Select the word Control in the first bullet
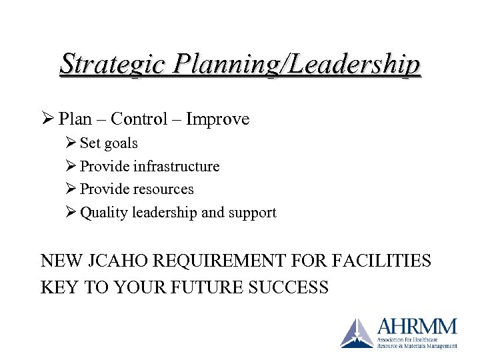(x=139, y=119)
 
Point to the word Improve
(x=217, y=119)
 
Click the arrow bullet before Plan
(x=47, y=119)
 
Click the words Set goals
(x=109, y=143)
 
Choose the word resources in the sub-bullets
(x=163, y=189)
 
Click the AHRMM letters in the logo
(x=417, y=327)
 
